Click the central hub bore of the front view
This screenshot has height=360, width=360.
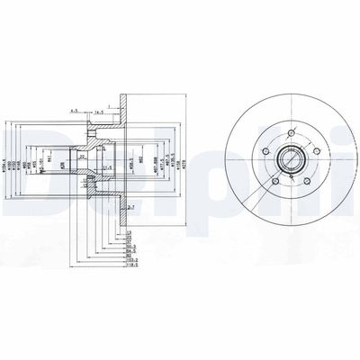tap(290, 163)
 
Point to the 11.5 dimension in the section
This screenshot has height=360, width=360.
tap(108, 167)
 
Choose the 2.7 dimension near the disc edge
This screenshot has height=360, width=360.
tap(130, 208)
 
